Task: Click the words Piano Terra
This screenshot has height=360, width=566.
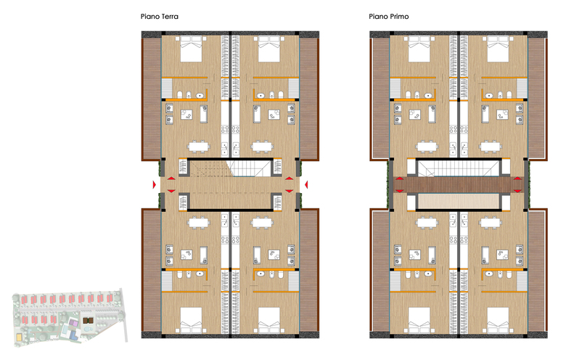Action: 159,16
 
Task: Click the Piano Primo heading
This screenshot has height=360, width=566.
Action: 389,16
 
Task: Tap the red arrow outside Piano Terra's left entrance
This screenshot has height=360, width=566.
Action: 154,184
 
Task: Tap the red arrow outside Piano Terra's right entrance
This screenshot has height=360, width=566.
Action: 306,184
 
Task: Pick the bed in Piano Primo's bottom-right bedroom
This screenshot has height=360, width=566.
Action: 498,320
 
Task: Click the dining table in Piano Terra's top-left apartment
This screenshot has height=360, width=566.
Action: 198,147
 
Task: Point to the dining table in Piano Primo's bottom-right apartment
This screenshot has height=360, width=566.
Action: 491,223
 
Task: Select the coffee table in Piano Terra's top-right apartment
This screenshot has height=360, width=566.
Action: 274,115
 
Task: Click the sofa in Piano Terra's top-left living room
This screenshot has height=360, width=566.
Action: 204,114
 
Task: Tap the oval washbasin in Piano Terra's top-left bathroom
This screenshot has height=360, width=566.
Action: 200,96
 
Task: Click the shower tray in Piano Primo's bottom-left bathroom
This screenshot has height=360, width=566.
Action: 395,281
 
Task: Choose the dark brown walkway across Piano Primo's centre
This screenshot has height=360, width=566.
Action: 459,184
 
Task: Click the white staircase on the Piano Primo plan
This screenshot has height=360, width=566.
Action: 459,168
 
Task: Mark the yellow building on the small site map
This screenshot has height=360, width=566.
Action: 19,337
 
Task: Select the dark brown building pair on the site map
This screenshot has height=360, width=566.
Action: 88,320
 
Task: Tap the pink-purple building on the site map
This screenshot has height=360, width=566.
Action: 73,323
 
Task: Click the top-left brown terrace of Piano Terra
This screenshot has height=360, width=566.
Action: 151,99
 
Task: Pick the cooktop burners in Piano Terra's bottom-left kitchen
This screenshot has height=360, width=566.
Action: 224,240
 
